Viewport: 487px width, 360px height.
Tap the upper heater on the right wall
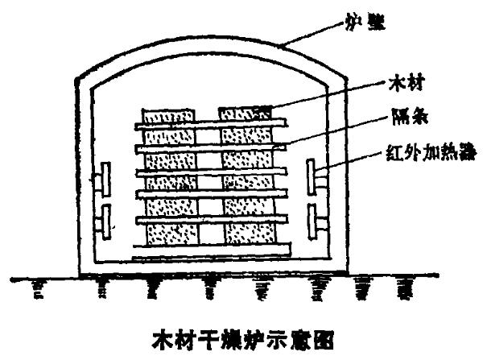pyautogui.click(x=315, y=177)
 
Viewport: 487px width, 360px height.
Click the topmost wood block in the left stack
pyautogui.click(x=169, y=114)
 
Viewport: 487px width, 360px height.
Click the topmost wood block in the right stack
pyautogui.click(x=246, y=114)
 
